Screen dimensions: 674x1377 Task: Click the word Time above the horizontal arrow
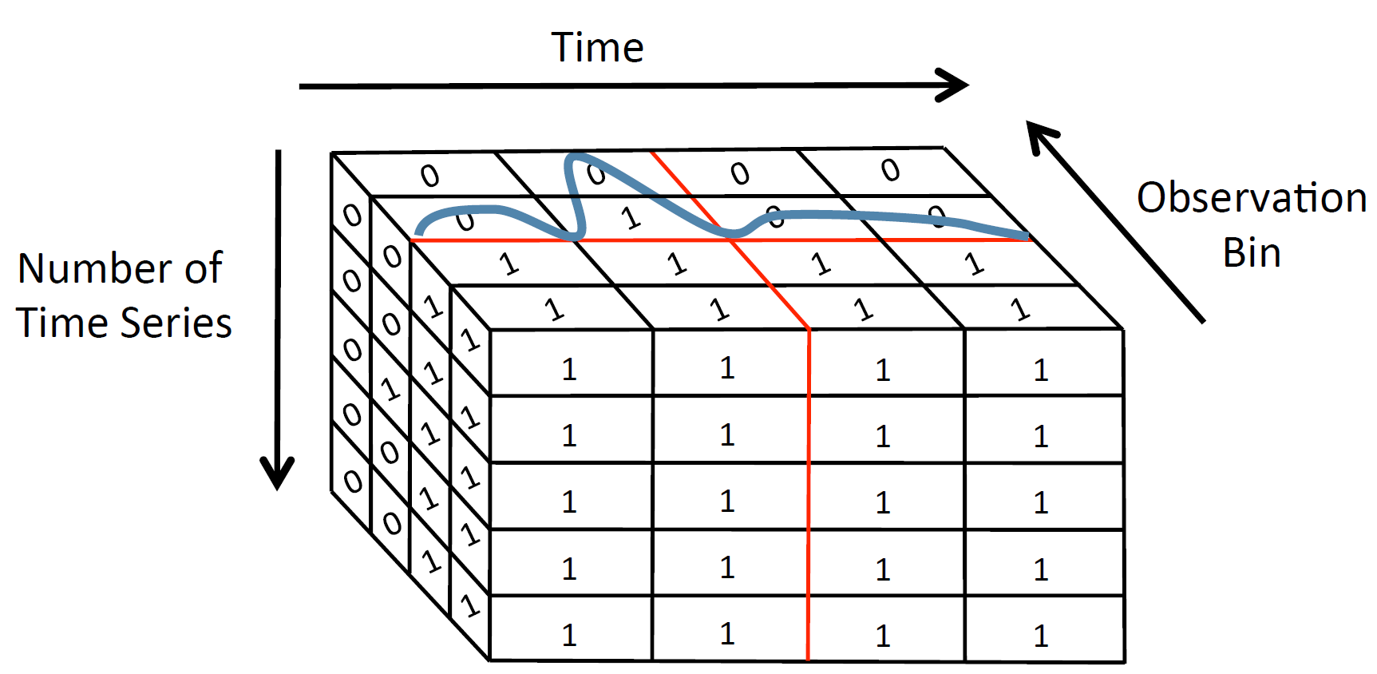tap(597, 47)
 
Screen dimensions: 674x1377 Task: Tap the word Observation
tap(1251, 198)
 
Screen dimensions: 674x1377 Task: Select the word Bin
tap(1251, 253)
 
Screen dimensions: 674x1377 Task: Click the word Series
tap(177, 323)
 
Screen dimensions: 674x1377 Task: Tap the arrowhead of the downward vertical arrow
tap(277, 474)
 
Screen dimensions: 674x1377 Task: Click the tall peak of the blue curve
tap(576, 157)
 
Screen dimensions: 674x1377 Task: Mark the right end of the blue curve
tap(1027, 236)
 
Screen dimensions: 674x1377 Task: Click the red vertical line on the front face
tap(809, 495)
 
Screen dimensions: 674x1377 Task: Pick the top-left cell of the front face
tap(571, 363)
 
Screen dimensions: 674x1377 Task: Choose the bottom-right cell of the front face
tap(1043, 628)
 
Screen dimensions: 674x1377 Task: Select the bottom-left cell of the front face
tap(571, 628)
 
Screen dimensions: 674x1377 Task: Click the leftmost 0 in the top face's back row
tap(430, 175)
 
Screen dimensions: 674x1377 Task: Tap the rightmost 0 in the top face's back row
tap(890, 170)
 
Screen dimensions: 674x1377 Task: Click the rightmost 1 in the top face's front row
tap(1019, 308)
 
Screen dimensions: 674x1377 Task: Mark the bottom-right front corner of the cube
tap(1124, 662)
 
